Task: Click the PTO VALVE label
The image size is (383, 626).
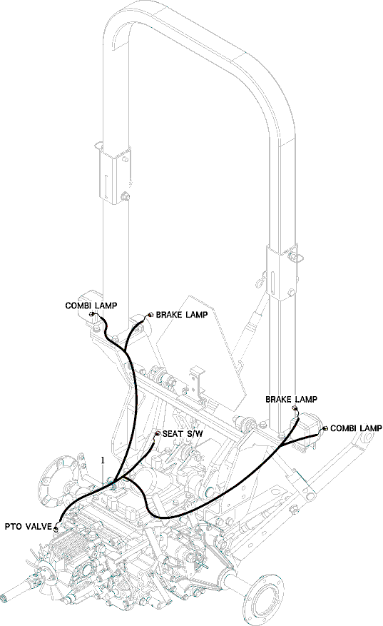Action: (x=28, y=527)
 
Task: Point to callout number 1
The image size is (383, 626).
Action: (x=103, y=460)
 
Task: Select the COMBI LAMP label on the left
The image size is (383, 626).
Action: (x=91, y=306)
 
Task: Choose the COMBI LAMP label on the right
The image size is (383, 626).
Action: (x=356, y=428)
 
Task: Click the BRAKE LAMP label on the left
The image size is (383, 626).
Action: (x=182, y=315)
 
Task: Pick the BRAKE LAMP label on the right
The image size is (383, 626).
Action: (x=291, y=399)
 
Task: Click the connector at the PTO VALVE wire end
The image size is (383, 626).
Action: (x=56, y=529)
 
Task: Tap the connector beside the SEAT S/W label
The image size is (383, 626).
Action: (x=158, y=434)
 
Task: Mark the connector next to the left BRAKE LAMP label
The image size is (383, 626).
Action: (x=150, y=315)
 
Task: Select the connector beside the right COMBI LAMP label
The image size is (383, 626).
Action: (x=325, y=429)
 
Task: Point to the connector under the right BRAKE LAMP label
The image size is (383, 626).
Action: (x=295, y=408)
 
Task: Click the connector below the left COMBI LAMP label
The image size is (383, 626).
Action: (x=92, y=315)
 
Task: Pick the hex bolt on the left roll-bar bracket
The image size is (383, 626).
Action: (x=125, y=196)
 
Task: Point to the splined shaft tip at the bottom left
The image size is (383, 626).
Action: (x=5, y=598)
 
